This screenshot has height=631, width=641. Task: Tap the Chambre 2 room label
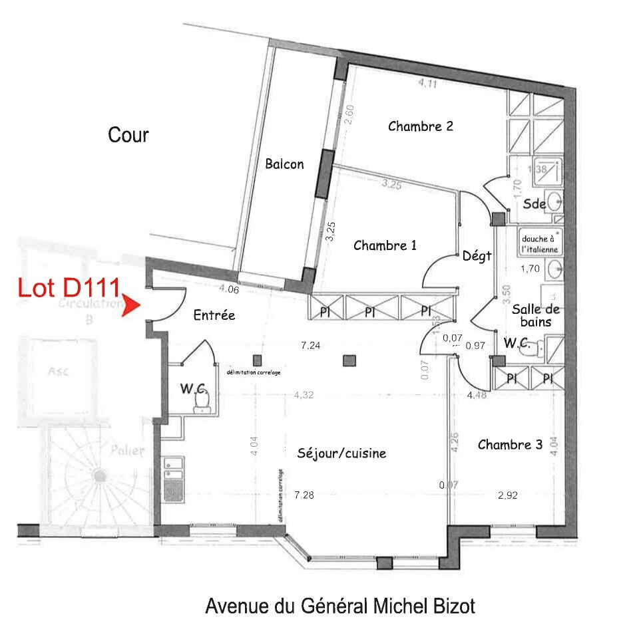421,126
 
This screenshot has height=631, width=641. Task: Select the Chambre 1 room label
385,245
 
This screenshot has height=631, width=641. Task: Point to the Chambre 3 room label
510,444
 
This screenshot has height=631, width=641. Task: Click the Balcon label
284,164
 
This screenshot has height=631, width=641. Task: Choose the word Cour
128,136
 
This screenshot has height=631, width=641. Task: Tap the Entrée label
214,315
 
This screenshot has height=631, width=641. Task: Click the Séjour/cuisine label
341,453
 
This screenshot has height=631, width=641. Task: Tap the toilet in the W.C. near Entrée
200,401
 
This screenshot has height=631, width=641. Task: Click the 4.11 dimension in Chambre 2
428,84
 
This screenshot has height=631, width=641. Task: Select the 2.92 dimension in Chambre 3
508,495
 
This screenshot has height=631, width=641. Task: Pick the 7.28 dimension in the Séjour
303,495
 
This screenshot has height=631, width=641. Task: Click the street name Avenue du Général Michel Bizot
340,606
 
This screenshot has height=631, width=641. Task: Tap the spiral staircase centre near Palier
100,475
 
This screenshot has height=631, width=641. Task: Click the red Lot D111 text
68,288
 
